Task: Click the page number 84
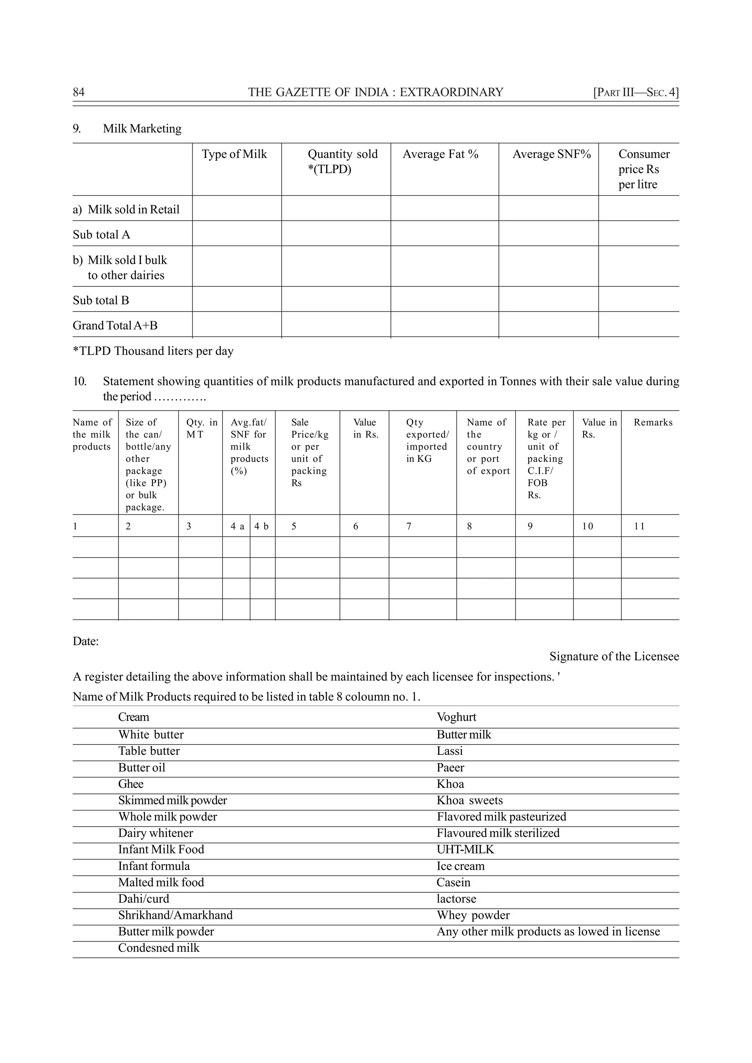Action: (x=79, y=92)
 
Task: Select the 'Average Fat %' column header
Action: (x=440, y=154)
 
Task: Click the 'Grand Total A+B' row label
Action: (x=115, y=325)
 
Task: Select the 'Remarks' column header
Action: (x=653, y=422)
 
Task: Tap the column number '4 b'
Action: (x=261, y=526)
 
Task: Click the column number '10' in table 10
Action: (x=587, y=526)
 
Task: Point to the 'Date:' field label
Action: (x=86, y=641)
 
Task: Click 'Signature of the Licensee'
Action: (x=614, y=657)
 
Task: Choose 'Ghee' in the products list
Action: (x=131, y=784)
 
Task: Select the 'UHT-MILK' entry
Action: (x=465, y=850)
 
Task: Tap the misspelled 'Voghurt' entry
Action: (x=456, y=717)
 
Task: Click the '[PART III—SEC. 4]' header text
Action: (x=636, y=92)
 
